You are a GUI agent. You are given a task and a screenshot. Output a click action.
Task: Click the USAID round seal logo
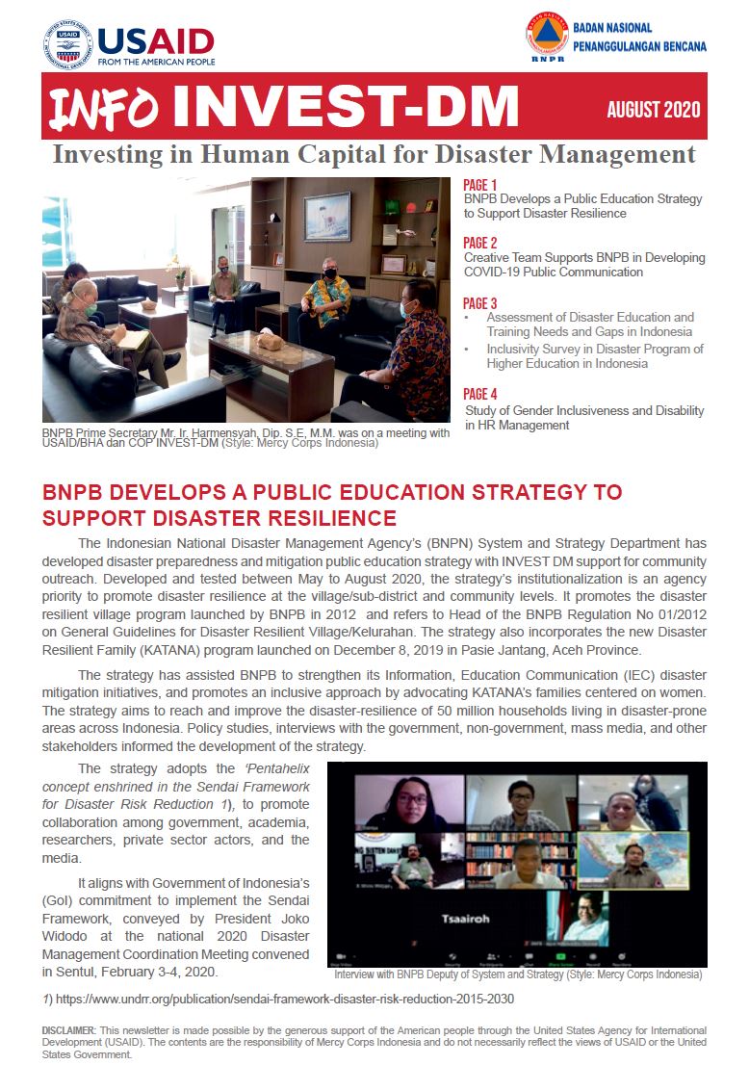click(67, 43)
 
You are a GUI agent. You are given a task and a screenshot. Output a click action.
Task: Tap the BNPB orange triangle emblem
click(547, 34)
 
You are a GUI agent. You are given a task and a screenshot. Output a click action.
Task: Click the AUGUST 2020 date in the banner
click(654, 110)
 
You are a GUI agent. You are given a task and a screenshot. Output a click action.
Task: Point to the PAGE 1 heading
click(480, 185)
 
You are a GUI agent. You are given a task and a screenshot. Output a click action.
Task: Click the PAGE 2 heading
click(480, 244)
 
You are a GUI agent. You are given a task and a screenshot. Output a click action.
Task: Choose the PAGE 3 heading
click(480, 303)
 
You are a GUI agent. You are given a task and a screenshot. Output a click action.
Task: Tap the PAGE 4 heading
click(480, 394)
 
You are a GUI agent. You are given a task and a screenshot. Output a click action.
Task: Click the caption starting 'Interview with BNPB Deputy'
click(518, 974)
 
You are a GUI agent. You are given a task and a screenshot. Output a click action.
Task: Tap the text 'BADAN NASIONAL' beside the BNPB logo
click(612, 27)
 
